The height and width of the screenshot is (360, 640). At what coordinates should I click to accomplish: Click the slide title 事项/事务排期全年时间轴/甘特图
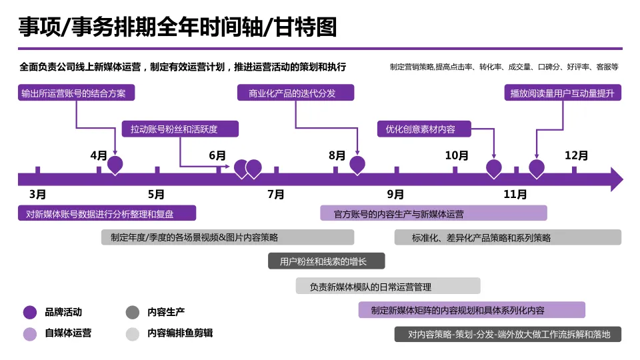point(177,27)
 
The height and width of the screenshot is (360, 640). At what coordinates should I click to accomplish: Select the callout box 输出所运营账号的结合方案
point(76,93)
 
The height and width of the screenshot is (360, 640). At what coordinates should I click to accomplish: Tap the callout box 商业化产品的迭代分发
point(296,93)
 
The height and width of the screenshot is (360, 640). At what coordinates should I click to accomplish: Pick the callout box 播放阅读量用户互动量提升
point(563,93)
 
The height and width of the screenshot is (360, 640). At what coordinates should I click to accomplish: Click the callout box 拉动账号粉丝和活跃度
point(179,129)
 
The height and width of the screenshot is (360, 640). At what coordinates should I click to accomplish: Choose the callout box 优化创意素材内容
point(425,129)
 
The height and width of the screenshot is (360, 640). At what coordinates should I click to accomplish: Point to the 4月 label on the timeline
point(99,156)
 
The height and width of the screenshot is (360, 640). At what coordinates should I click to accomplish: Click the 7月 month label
point(276,195)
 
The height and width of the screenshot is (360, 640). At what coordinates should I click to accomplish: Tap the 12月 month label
point(576,156)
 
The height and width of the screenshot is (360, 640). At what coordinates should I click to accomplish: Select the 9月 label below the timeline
point(395,195)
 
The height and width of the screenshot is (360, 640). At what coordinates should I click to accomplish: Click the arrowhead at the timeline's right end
point(617,179)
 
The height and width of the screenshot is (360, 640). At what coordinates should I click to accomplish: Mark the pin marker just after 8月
point(358,165)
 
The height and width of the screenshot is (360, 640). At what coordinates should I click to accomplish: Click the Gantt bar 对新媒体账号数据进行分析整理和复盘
point(107,213)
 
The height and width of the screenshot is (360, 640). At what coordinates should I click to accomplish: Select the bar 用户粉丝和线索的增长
point(327,261)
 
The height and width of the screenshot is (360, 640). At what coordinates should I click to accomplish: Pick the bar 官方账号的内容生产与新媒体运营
point(433,213)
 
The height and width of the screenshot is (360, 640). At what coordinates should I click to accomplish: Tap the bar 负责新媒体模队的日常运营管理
point(388,286)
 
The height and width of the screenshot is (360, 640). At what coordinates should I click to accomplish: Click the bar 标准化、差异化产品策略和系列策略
point(507,237)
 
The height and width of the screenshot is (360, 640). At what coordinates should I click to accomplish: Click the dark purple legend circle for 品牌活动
point(30,312)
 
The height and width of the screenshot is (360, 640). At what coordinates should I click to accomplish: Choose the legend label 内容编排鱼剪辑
point(180,333)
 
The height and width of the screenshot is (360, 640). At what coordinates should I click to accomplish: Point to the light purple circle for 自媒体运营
point(30,333)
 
